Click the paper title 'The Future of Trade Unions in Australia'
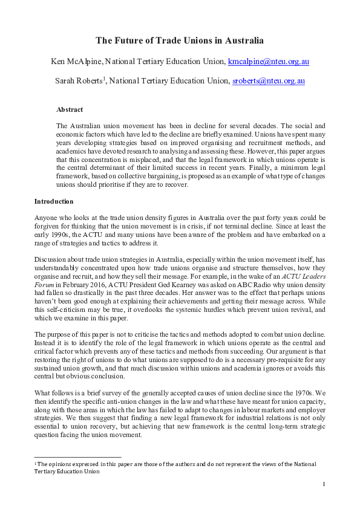pyautogui.click(x=180, y=41)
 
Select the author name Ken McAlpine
pyautogui.click(x=75, y=62)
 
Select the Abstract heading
pyautogui.click(x=70, y=110)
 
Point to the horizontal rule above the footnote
pyautogui.click(x=77, y=457)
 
